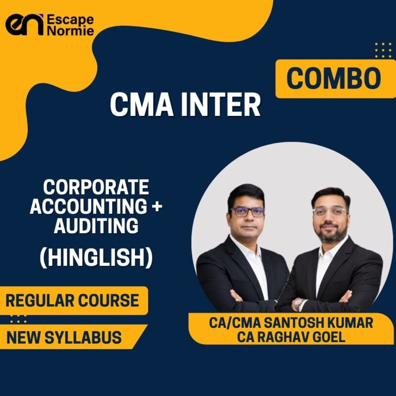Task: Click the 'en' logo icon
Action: click(x=24, y=25)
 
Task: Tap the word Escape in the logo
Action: click(x=69, y=19)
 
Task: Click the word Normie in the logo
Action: click(x=70, y=32)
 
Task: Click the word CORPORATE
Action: click(x=96, y=187)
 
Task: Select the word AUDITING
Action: click(x=96, y=226)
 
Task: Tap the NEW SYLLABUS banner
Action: click(x=64, y=337)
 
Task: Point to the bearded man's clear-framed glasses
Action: click(x=329, y=211)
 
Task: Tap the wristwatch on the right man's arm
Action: click(x=298, y=303)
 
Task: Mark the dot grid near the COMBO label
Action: click(x=383, y=50)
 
